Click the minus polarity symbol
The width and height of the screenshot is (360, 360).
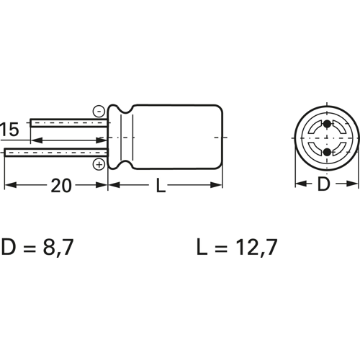99,112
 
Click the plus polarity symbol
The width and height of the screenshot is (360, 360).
99,164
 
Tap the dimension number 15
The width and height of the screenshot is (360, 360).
9,130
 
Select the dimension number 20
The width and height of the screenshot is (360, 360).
61,186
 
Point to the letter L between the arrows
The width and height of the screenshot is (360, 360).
161,186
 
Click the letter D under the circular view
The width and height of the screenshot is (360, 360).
324,184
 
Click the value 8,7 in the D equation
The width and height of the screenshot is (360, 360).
58,247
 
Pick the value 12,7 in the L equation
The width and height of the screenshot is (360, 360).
256,247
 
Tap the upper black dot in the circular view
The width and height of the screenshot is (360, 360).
327,124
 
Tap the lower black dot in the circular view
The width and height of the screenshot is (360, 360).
327,152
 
